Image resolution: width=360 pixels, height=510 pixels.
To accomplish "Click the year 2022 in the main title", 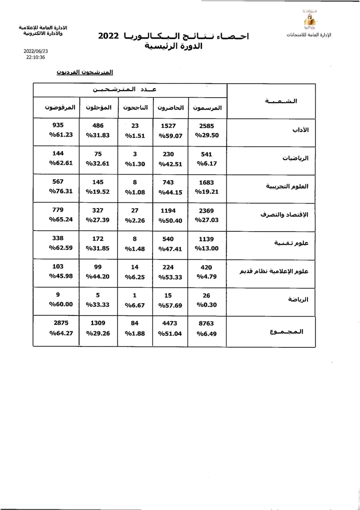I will click(108, 37).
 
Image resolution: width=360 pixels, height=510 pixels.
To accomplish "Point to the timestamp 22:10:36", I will click(35, 58).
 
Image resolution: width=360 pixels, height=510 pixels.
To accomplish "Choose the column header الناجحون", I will click(135, 108).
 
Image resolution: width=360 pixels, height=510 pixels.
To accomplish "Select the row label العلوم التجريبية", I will click(290, 186).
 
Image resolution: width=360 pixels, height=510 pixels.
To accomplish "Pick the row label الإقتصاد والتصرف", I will click(285, 214).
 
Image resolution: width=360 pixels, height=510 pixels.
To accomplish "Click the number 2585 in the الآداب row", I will click(206, 126).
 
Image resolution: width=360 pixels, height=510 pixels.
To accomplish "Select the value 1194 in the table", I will click(170, 211).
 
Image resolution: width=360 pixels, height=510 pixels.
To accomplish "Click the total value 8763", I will click(206, 323).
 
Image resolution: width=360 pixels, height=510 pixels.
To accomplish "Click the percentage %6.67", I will click(135, 304).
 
